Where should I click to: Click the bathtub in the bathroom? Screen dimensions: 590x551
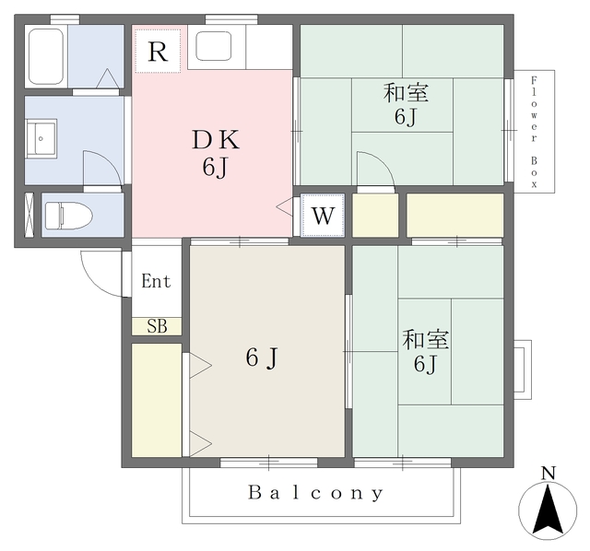(46, 56)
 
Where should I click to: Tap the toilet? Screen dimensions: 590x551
(68, 216)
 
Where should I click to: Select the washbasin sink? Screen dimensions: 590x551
(41, 139)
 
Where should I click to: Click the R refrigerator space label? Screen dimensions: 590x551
(158, 52)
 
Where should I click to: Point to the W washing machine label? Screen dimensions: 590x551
(323, 216)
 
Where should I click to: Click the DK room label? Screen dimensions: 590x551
(216, 140)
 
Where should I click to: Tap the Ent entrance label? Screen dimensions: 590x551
(156, 281)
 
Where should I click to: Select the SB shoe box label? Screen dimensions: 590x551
(157, 326)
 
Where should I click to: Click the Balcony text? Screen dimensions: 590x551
(316, 493)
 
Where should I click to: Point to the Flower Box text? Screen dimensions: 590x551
(534, 132)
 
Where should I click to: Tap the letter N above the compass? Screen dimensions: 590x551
(549, 474)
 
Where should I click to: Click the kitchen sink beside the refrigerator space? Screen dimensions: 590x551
(213, 46)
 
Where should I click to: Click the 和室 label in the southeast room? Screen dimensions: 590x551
(426, 340)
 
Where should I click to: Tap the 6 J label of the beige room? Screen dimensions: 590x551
(262, 358)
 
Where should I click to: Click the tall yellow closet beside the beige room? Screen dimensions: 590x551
(157, 400)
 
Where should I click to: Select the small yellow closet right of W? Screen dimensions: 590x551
(375, 216)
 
